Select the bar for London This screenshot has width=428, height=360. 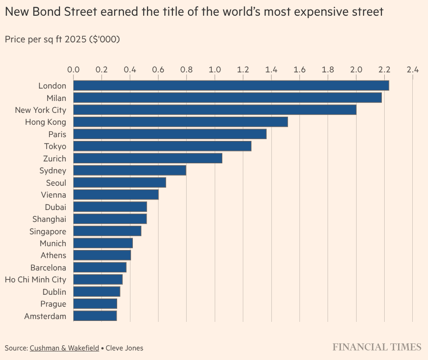point(231,86)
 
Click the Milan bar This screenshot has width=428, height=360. point(228,98)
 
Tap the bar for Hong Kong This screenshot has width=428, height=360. point(180,122)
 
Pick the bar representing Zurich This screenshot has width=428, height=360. point(148,159)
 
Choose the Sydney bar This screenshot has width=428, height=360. point(129,170)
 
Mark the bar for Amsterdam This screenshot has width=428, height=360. point(95,316)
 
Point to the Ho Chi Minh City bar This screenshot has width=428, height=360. point(98,280)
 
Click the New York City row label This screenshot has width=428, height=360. point(40,110)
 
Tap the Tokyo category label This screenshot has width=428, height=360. point(55,146)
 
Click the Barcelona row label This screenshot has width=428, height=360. point(48,268)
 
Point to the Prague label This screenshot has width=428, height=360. point(53,304)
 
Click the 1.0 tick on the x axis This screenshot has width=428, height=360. point(215,70)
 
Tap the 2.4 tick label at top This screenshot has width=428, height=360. point(412,70)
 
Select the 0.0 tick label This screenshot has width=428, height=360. point(73,70)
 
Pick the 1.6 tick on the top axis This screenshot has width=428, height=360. point(299,70)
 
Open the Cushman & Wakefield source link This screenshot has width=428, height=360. point(64,348)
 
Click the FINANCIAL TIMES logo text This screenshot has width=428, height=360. point(377,347)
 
